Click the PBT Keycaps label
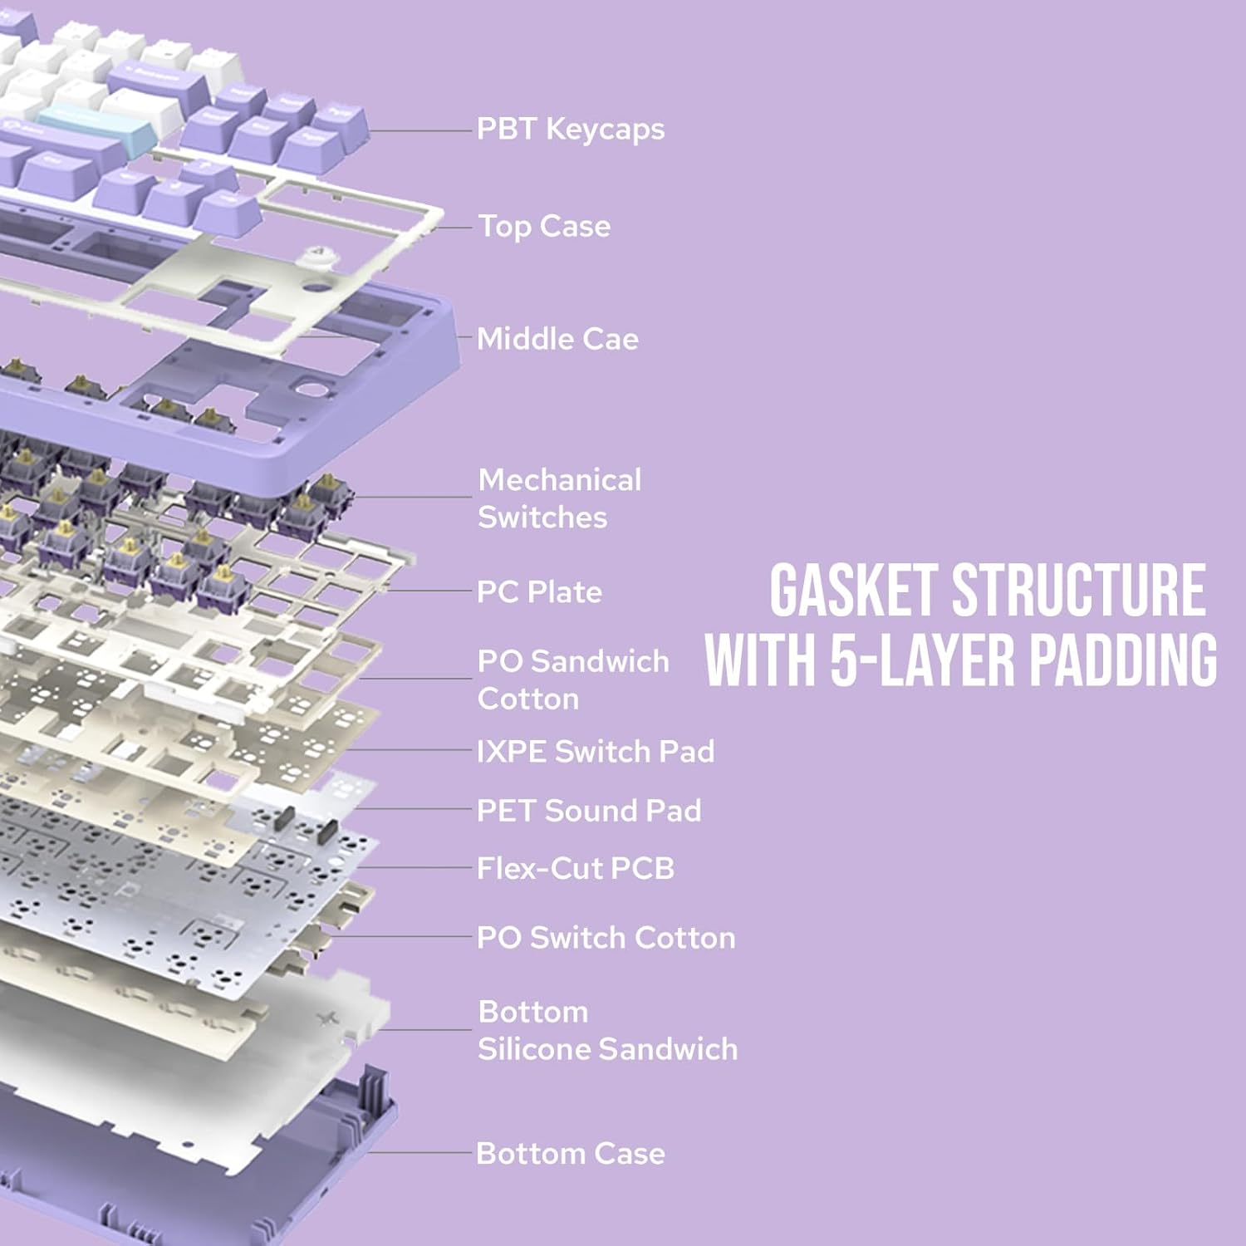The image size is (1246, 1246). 571,130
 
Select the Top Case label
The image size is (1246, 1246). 544,226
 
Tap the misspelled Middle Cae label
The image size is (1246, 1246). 557,339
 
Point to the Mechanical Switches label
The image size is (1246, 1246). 559,498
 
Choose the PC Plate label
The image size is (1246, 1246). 539,592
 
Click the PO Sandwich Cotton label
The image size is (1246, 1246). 572,679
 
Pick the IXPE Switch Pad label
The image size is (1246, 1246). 595,752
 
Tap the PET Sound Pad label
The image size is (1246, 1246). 589,811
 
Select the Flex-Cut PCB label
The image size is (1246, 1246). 575,869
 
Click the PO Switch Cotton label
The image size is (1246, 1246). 606,938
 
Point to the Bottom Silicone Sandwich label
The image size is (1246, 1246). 607,1030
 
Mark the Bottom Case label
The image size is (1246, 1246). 571,1154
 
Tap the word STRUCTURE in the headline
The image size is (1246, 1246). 1078,591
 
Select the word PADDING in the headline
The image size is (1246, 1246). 1123,660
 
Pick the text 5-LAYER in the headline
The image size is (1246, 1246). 923,660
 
